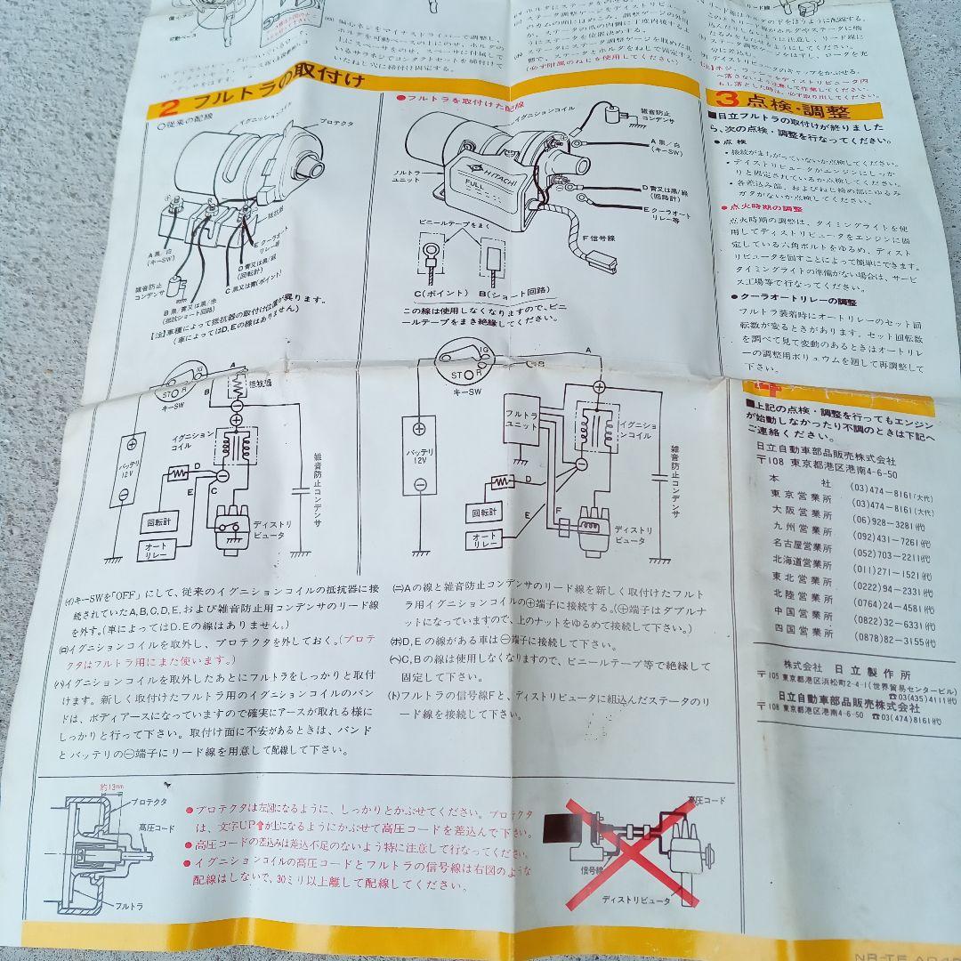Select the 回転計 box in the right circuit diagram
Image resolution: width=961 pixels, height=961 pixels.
pyautogui.click(x=486, y=513)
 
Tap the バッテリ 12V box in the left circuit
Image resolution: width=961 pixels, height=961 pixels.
pyautogui.click(x=129, y=467)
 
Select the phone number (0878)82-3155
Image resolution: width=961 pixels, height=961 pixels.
pyautogui.click(x=893, y=641)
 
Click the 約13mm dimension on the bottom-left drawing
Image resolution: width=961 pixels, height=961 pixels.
pyautogui.click(x=111, y=787)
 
